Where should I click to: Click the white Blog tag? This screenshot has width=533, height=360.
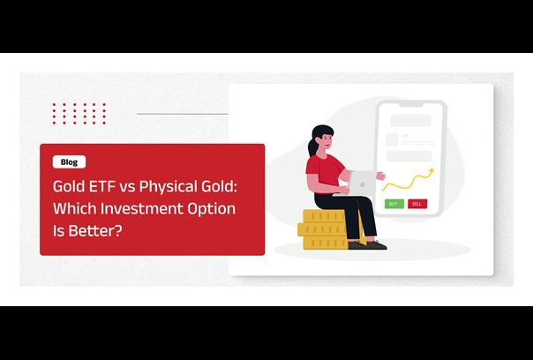[x=69, y=161]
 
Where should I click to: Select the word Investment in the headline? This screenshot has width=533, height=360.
[x=140, y=208]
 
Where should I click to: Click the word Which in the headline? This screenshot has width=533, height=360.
[x=74, y=208]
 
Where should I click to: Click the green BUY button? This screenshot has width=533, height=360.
[x=394, y=204]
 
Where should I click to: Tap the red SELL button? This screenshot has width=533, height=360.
[x=417, y=204]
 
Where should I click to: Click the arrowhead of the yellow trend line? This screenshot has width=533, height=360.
[x=432, y=170]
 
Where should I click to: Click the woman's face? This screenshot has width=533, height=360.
[x=327, y=139]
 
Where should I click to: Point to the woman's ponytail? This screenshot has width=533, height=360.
[x=312, y=146]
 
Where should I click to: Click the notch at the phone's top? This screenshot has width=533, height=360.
[x=411, y=104]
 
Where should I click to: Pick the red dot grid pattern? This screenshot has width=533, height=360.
[x=79, y=114]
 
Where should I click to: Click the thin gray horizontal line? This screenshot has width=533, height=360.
[x=183, y=114]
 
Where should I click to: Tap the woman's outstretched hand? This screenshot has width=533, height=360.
[x=381, y=176]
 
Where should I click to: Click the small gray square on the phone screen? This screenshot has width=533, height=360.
[x=392, y=139]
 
